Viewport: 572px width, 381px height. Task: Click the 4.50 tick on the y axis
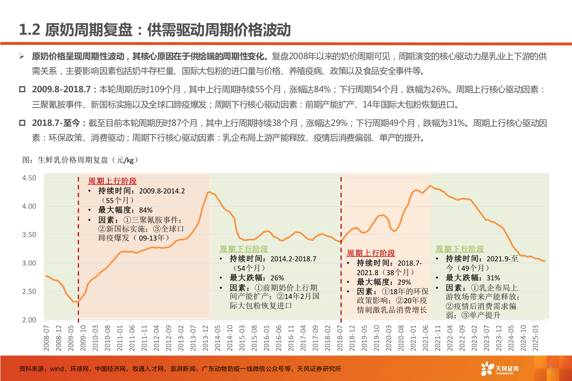tap(29, 178)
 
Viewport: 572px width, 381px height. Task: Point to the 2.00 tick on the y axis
tap(29, 320)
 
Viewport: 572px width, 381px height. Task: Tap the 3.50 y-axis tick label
tap(29, 235)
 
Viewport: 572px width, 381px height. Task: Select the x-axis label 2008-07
tap(47, 338)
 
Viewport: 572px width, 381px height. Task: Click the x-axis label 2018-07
tap(340, 338)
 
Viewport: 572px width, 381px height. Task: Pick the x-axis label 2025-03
tap(535, 338)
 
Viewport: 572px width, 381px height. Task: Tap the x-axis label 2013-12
tap(205, 338)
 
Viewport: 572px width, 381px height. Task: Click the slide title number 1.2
tap(29, 30)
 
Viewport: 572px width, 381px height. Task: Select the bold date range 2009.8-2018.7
tap(61, 90)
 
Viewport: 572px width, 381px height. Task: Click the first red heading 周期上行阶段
tap(112, 181)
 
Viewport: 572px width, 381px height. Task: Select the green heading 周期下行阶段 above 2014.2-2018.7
tap(243, 249)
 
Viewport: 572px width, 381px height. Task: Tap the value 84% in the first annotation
tap(146, 210)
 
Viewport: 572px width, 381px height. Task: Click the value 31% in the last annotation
tap(493, 278)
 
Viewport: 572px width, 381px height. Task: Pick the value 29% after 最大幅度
tap(404, 282)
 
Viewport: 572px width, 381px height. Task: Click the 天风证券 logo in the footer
tap(500, 369)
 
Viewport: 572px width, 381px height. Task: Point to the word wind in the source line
tap(57, 369)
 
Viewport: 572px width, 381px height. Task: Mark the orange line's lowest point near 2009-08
tap(76, 301)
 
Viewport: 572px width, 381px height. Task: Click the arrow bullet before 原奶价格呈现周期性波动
tap(22, 56)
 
